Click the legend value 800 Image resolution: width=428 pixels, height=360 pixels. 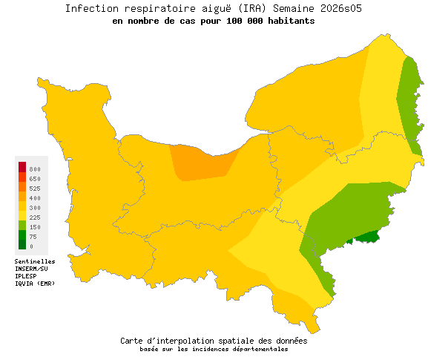(x=35, y=169)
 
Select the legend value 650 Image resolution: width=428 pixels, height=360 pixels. (x=35, y=179)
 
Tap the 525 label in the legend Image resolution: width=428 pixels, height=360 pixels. (x=35, y=189)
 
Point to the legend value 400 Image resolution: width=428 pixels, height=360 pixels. (x=35, y=198)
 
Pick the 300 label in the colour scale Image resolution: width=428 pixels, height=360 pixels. (x=35, y=208)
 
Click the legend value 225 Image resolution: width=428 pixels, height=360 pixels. (x=35, y=217)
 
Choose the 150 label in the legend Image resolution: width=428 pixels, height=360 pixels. (x=35, y=227)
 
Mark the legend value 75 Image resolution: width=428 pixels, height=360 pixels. (x=33, y=237)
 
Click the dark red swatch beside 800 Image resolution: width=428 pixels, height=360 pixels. (x=22, y=166)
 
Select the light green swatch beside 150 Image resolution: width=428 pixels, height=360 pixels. (x=22, y=225)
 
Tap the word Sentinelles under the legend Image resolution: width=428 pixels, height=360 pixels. (x=35, y=261)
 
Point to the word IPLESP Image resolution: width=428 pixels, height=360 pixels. (x=25, y=276)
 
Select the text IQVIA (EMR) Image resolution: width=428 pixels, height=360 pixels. (x=35, y=284)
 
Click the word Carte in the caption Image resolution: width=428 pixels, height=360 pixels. (x=133, y=341)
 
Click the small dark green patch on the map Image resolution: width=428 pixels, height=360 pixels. (x=366, y=236)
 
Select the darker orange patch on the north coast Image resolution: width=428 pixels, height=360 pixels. (x=200, y=163)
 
